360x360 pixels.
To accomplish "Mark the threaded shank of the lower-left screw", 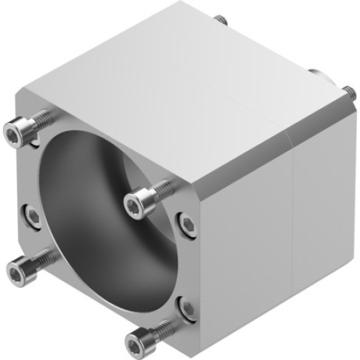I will click(x=43, y=258).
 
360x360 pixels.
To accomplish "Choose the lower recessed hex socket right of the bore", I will click(x=188, y=310).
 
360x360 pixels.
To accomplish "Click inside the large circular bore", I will click(x=86, y=216).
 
